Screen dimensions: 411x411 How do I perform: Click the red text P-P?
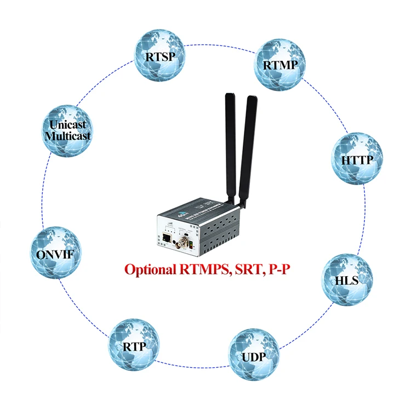pos(275,270)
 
